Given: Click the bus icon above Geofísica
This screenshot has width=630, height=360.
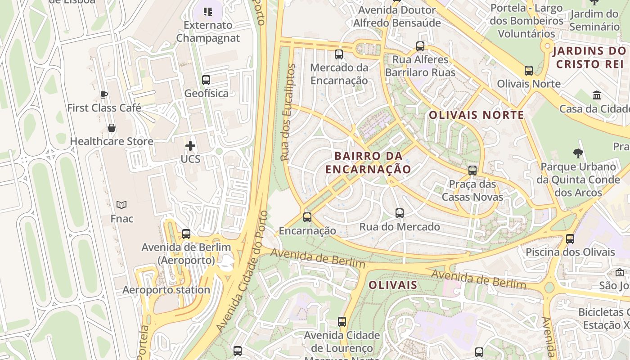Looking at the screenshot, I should click(206, 80).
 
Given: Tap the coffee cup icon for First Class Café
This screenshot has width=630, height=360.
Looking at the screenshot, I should click(104, 94).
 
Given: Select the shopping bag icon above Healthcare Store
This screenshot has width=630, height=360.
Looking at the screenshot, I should click(112, 128).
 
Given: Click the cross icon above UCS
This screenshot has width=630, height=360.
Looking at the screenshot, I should click(190, 146).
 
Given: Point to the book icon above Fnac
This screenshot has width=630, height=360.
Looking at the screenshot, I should click(121, 205).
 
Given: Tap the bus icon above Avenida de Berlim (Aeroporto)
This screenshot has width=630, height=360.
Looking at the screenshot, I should click(186, 234).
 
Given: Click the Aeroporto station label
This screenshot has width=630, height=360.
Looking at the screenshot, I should click(166, 290).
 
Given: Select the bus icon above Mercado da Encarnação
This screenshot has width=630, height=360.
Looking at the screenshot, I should click(339, 54).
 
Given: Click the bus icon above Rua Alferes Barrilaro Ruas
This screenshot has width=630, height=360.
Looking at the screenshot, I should click(420, 46).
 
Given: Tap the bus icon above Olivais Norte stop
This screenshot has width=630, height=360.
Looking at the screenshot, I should click(529, 71).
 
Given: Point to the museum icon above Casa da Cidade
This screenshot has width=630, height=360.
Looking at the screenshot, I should click(597, 95).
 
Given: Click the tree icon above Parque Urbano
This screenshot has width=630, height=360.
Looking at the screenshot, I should click(578, 153).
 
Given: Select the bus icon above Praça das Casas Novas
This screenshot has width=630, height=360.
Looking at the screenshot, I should click(472, 171).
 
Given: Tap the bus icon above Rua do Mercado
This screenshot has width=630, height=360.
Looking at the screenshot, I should click(400, 213).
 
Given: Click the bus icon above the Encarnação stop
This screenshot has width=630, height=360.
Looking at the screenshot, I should click(307, 217).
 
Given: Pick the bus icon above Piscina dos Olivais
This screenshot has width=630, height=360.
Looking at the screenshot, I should click(570, 238).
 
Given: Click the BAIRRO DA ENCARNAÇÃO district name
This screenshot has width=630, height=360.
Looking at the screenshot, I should click(368, 162).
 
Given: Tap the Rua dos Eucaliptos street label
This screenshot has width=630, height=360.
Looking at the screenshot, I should click(288, 112).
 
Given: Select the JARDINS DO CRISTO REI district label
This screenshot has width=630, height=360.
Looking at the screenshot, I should click(590, 57).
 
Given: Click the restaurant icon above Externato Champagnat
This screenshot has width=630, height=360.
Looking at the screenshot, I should click(207, 12).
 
